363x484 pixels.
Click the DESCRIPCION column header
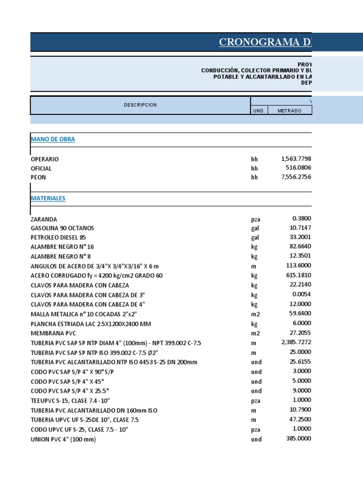140,105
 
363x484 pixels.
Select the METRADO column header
289,110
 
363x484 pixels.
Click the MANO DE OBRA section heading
53,139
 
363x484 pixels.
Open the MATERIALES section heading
48,199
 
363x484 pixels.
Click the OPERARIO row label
45,159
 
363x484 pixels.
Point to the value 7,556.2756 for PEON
296,177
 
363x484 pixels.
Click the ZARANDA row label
44,219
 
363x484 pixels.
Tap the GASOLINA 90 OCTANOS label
62,228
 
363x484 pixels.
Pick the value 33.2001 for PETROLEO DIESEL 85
299,237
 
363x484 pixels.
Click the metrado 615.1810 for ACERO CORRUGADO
298,275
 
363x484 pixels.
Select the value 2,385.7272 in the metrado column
296,342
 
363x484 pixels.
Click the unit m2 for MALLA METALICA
256,314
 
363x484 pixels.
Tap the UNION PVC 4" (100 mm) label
63,440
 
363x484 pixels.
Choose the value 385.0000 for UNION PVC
298,438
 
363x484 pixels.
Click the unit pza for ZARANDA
256,219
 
